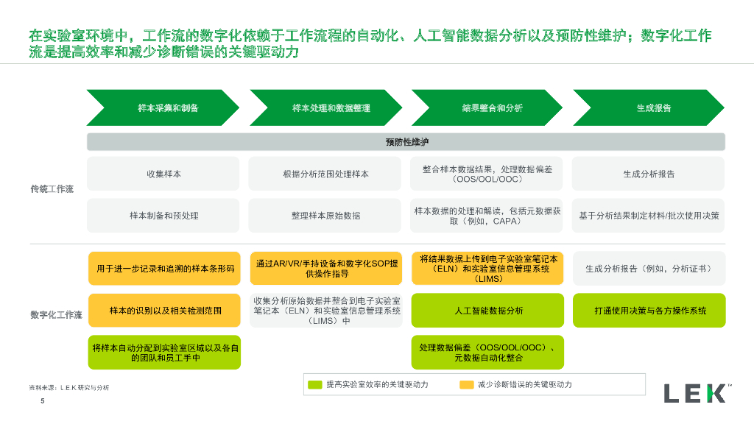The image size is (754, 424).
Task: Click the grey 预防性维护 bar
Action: [406, 142]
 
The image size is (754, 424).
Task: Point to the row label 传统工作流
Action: [52, 189]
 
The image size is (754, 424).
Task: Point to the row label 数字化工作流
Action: [56, 315]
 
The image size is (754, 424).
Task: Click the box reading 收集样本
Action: [163, 174]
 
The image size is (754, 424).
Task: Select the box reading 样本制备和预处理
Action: [163, 216]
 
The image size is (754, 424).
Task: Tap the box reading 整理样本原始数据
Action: [325, 216]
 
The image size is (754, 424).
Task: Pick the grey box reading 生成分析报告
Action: [649, 174]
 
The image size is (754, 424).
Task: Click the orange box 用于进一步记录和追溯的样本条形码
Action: [164, 269]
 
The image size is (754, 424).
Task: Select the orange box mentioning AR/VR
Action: [325, 269]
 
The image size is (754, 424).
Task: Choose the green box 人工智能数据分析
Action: [487, 311]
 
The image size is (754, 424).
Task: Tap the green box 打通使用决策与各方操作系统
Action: [649, 311]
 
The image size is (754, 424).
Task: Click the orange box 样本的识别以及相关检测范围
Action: [164, 311]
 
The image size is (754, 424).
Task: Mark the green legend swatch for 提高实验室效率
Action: [315, 384]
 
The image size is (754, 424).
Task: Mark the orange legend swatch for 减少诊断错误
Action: [466, 384]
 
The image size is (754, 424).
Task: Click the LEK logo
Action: [694, 393]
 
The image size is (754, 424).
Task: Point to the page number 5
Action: [42, 401]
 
